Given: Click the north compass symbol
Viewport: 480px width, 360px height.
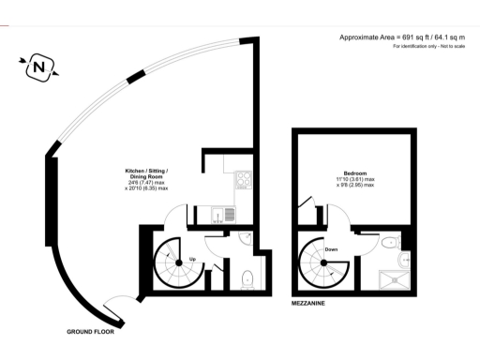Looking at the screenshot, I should click(x=38, y=67).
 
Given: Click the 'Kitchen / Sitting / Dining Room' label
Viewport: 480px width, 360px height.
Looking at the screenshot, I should click(x=147, y=175).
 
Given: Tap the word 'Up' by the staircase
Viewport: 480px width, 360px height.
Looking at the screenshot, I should click(x=192, y=258).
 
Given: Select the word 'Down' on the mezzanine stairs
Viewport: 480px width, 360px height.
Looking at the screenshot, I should click(x=331, y=249).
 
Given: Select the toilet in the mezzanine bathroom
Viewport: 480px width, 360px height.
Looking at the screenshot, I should click(x=392, y=244).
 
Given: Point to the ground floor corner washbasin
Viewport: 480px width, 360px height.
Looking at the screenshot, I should click(x=242, y=240).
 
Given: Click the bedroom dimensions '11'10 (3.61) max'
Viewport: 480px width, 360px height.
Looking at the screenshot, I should click(x=355, y=179).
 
